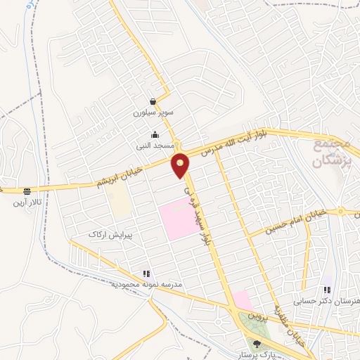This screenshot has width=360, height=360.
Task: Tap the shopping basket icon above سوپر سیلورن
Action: tap(153, 101)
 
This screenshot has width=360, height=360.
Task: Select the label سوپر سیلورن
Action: tap(153, 112)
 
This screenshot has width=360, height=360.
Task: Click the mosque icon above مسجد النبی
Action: tap(155, 135)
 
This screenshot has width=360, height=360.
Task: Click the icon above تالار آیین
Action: tap(27, 191)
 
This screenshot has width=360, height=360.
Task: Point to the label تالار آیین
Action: tap(27, 203)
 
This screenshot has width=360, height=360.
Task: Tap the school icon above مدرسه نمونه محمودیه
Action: tap(146, 274)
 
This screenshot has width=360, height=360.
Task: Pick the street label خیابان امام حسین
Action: tap(292, 220)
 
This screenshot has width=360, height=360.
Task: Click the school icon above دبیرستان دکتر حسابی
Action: tap(326, 289)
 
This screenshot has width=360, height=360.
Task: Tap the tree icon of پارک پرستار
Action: tap(257, 344)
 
